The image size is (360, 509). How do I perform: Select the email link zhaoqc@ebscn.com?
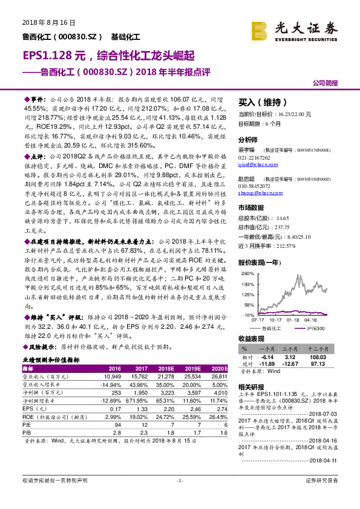tap(255, 193)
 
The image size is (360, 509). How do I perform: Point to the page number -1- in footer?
tap(180, 497)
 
